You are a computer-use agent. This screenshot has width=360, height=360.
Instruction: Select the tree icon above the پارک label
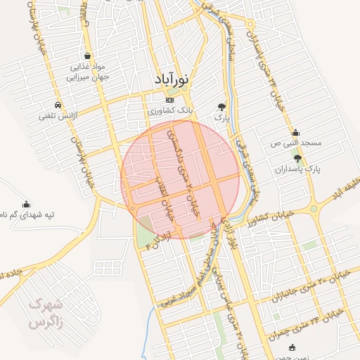[222, 107]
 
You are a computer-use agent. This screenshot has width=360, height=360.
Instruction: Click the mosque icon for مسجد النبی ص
[295, 132]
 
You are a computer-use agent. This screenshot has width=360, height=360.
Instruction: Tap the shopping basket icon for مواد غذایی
[86, 56]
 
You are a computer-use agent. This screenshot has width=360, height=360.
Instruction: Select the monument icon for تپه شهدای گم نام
[27, 203]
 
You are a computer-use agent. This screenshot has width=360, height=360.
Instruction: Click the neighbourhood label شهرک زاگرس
[47, 314]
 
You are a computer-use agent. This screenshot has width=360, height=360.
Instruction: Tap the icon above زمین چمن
[292, 347]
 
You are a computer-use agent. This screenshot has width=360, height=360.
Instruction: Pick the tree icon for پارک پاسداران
[297, 159]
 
